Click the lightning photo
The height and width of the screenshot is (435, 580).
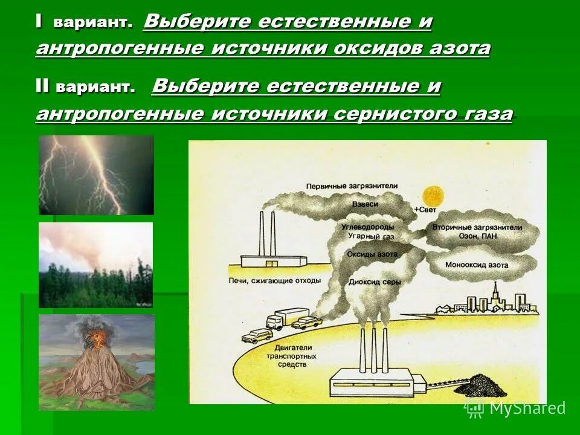click(96, 175)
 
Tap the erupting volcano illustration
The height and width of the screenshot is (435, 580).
click(96, 362)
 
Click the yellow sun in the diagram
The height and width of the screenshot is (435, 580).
click(433, 196)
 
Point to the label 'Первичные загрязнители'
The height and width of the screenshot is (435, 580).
click(343, 185)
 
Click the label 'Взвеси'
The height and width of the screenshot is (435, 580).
click(365, 205)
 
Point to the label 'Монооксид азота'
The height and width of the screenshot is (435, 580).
click(476, 265)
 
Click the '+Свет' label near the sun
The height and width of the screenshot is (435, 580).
click(424, 210)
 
